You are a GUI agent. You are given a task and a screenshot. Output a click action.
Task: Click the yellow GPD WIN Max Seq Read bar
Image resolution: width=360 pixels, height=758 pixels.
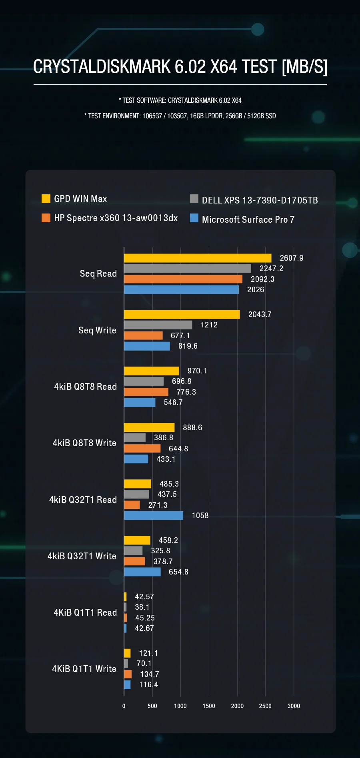click(198, 258)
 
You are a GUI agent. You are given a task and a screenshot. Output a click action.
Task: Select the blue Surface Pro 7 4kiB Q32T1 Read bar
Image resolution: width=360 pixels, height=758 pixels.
click(154, 515)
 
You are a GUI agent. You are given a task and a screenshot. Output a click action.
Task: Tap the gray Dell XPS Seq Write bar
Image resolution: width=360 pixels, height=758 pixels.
click(158, 325)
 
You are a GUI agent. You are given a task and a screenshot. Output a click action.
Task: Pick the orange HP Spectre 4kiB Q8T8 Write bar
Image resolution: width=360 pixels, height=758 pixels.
click(142, 449)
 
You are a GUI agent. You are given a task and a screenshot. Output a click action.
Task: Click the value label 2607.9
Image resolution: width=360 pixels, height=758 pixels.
click(292, 258)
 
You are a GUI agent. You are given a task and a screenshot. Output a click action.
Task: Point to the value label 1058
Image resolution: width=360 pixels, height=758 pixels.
click(200, 516)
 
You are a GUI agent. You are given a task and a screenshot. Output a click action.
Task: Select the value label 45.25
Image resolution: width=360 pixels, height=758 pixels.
click(145, 618)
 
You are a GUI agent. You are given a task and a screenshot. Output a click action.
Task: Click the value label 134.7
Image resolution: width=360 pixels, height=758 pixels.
click(149, 674)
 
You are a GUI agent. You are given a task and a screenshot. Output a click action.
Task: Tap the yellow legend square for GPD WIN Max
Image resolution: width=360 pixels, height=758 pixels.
click(46, 199)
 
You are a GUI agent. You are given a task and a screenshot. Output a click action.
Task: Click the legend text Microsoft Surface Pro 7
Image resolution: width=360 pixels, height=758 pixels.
click(248, 219)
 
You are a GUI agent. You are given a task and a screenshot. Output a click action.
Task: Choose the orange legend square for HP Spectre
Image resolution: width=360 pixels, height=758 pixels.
click(46, 218)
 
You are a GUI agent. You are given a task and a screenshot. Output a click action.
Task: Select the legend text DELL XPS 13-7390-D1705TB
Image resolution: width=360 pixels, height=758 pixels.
click(260, 200)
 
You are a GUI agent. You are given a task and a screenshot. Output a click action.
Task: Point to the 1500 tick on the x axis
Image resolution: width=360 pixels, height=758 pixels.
click(209, 706)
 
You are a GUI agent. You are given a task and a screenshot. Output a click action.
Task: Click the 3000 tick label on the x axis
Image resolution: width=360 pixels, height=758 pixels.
click(294, 706)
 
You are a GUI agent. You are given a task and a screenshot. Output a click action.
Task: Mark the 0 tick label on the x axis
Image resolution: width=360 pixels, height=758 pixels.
click(124, 706)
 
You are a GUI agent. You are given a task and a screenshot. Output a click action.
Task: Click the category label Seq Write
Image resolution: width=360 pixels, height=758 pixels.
click(97, 331)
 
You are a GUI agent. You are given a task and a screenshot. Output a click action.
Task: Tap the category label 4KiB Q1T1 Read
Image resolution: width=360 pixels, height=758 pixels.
click(85, 612)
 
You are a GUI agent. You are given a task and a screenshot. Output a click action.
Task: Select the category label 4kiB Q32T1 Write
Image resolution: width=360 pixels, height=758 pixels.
click(82, 556)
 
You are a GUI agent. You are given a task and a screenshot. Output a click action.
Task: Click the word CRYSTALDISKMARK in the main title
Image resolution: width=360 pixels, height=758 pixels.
click(102, 67)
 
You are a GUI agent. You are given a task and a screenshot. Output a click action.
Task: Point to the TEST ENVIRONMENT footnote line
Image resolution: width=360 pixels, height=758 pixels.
click(180, 116)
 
